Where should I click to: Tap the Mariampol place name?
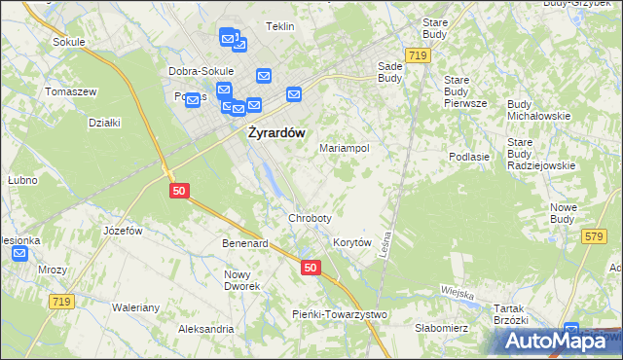click(x=345, y=148)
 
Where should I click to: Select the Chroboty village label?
click(x=310, y=218)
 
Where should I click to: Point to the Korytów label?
click(x=352, y=242)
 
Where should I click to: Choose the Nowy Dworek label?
click(x=242, y=280)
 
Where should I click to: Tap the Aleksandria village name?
click(x=205, y=329)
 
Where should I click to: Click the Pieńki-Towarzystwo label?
click(x=340, y=314)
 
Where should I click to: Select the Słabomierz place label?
click(x=442, y=328)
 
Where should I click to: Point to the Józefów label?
click(x=123, y=231)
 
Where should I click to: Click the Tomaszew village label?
click(x=70, y=91)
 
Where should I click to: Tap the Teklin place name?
click(x=279, y=26)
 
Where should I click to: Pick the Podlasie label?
click(x=468, y=156)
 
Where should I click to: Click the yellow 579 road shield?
click(x=594, y=236)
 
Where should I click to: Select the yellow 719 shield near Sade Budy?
click(x=419, y=56)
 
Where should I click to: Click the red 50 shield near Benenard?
click(x=310, y=268)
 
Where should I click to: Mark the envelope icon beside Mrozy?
click(x=20, y=254)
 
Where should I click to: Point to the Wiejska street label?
click(x=456, y=293)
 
